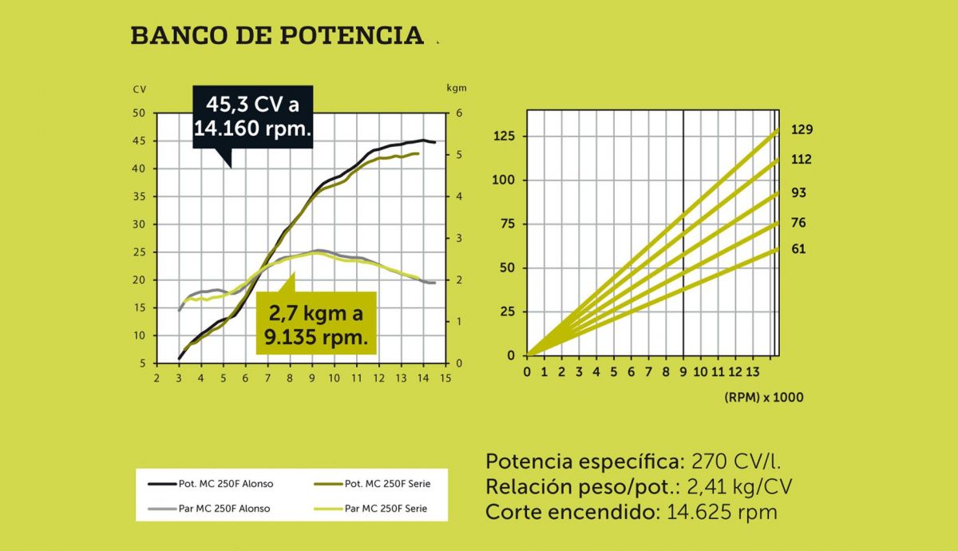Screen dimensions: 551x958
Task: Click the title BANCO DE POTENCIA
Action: pyautogui.click(x=276, y=36)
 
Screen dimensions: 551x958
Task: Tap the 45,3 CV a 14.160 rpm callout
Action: pyautogui.click(x=252, y=117)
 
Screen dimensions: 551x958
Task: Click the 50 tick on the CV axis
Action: pyautogui.click(x=139, y=113)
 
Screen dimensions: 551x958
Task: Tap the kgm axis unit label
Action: pyautogui.click(x=456, y=88)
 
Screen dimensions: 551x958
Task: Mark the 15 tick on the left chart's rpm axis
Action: pyautogui.click(x=445, y=378)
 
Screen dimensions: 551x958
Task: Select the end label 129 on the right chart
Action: pyautogui.click(x=802, y=129)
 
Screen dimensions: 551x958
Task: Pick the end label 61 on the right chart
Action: pyautogui.click(x=798, y=249)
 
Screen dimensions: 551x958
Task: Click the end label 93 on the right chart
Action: pyautogui.click(x=798, y=193)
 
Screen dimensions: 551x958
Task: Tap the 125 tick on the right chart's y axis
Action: pyautogui.click(x=507, y=137)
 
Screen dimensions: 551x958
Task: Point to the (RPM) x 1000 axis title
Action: pyautogui.click(x=764, y=397)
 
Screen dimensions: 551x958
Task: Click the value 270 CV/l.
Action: pyautogui.click(x=736, y=462)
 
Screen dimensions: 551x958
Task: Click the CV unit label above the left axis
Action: pyautogui.click(x=139, y=89)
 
